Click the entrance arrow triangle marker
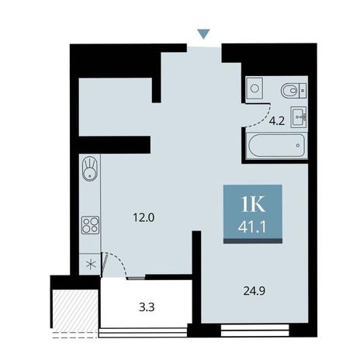(203, 33)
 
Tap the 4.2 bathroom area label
(277, 121)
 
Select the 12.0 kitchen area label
(144, 218)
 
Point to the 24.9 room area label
(254, 291)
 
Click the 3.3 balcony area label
(147, 307)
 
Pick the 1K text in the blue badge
(253, 204)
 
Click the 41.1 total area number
(252, 227)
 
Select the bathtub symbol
(276, 145)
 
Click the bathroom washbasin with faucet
(299, 117)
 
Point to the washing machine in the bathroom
(254, 88)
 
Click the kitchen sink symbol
(90, 168)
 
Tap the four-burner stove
(90, 225)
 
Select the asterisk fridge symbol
(91, 265)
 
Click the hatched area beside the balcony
(75, 310)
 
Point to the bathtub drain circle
(298, 145)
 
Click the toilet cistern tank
(303, 91)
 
